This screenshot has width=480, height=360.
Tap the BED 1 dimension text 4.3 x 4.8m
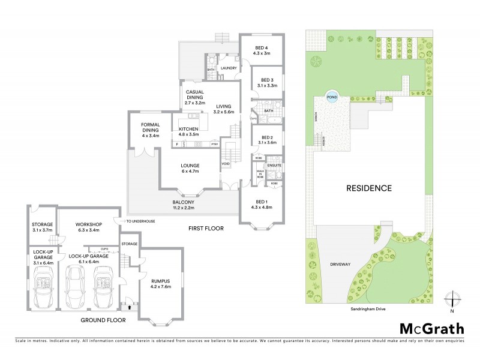(262, 207)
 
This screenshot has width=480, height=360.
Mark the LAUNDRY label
(229, 68)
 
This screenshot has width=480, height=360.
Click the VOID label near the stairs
(226, 163)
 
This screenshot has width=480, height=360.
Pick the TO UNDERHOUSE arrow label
(140, 221)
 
